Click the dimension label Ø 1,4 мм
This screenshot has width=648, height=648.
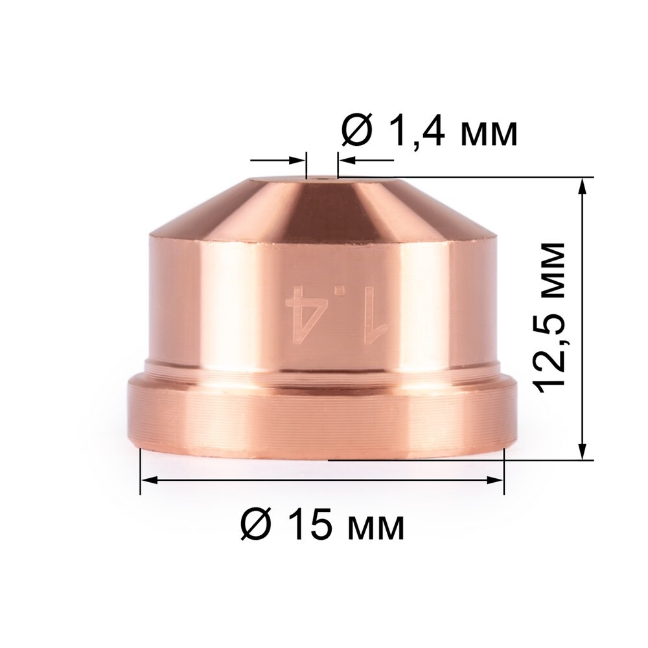[429, 133]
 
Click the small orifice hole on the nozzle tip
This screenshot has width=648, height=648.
[321, 175]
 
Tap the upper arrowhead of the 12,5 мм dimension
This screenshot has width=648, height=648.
[583, 185]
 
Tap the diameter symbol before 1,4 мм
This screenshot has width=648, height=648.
[356, 133]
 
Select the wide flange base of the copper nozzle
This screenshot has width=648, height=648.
[322, 418]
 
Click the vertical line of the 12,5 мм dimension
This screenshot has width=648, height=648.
[583, 318]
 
